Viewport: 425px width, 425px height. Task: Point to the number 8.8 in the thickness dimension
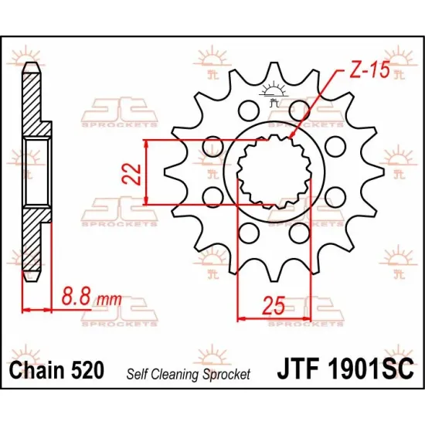74,295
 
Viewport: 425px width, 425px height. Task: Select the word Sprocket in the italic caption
227,374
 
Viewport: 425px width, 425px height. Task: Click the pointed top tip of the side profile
31,65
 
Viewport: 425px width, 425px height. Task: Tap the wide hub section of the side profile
38,172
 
